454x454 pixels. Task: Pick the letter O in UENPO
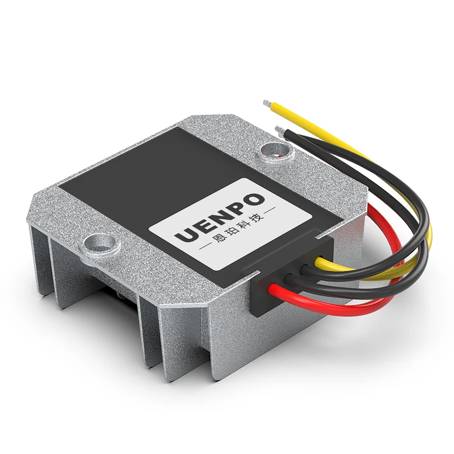[x=254, y=200]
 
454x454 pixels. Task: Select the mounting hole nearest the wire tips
[x=275, y=150]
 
